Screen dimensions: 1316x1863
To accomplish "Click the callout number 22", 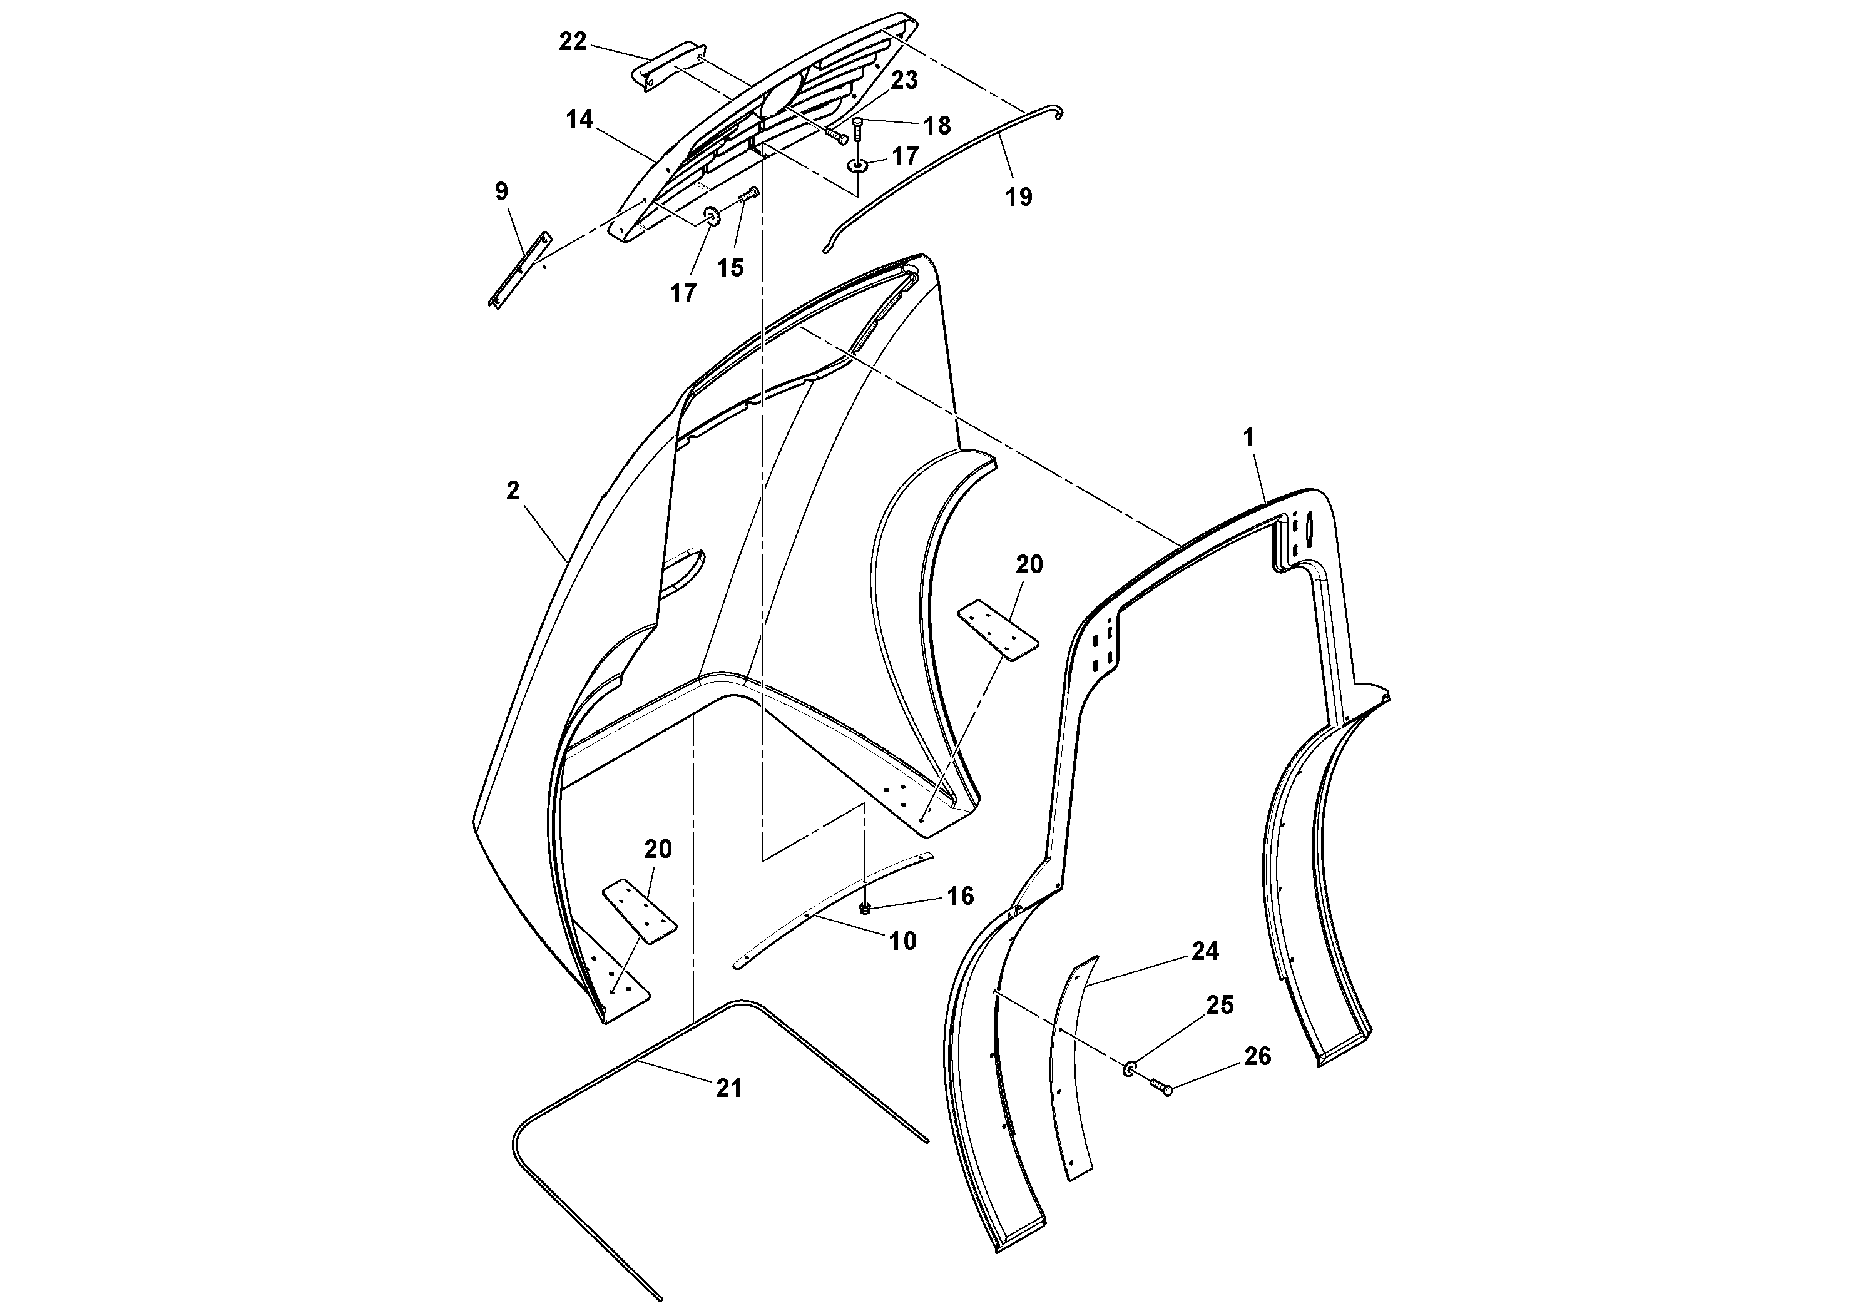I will coord(572,41).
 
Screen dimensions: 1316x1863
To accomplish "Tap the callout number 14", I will coord(579,120).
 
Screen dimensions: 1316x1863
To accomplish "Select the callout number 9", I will coord(501,191).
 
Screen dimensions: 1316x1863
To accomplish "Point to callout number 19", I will coord(1019,196).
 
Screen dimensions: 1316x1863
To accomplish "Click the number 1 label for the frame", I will coord(1248,437).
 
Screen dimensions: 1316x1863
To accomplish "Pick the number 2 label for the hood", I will coord(512,491).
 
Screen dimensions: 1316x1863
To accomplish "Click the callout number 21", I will coord(728,1088).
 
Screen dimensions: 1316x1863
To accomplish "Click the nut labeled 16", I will coord(865,909).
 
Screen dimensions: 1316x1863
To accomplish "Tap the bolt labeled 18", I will coord(859,129).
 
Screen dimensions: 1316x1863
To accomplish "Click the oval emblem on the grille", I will coord(780,96).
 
